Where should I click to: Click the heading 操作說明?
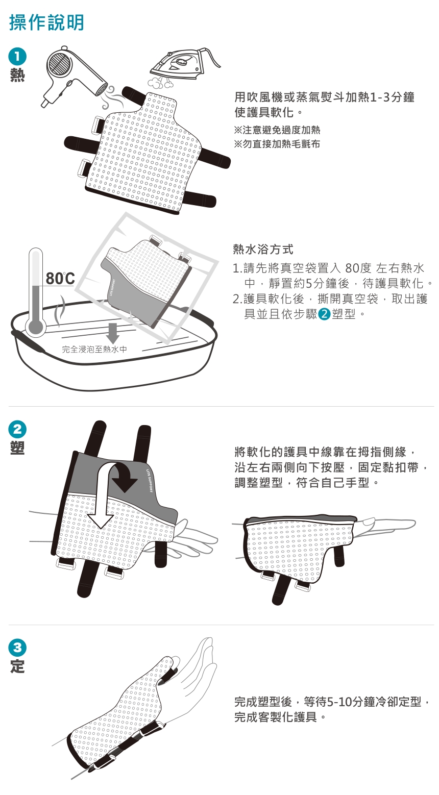pyautogui.click(x=46, y=23)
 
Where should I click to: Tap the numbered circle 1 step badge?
pyautogui.click(x=17, y=57)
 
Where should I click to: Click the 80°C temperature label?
pyautogui.click(x=60, y=279)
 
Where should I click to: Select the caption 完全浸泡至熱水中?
pyautogui.click(x=94, y=349)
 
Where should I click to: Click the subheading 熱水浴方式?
pyautogui.click(x=263, y=249)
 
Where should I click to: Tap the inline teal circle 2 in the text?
pyautogui.click(x=324, y=314)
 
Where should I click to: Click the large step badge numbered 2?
pyautogui.click(x=17, y=430)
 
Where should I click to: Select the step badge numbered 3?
pyautogui.click(x=17, y=648)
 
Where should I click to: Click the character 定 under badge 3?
pyautogui.click(x=17, y=666)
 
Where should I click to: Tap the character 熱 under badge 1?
pyautogui.click(x=17, y=75)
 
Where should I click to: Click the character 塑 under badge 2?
pyautogui.click(x=17, y=448)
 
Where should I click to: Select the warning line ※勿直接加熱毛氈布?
pyautogui.click(x=277, y=144)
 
